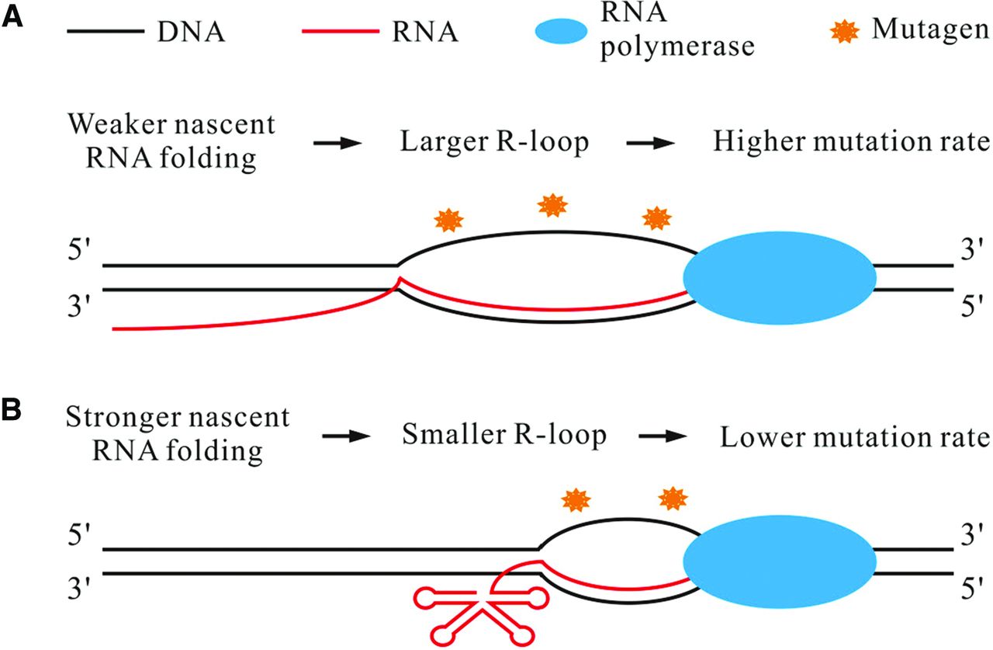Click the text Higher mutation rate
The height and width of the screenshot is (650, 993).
[x=851, y=142]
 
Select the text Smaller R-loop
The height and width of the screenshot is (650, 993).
[x=504, y=436]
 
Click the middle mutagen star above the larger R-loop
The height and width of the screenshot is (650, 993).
[x=552, y=206]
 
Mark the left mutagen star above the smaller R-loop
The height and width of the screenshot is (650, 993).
[x=575, y=498]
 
